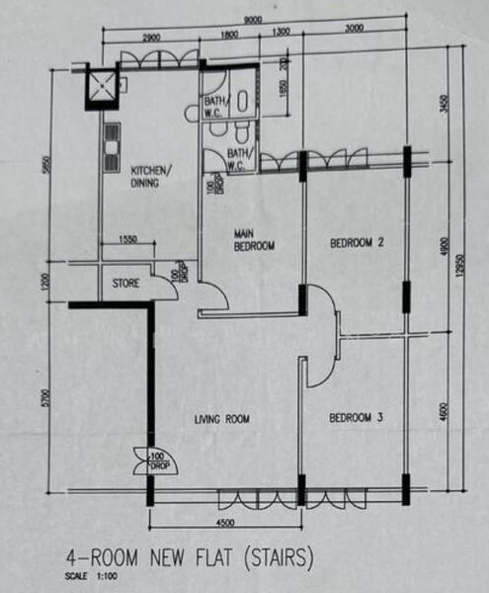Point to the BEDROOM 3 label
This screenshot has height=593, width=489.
(356, 419)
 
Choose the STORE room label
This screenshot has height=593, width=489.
(125, 283)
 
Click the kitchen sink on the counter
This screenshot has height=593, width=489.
(109, 140)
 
